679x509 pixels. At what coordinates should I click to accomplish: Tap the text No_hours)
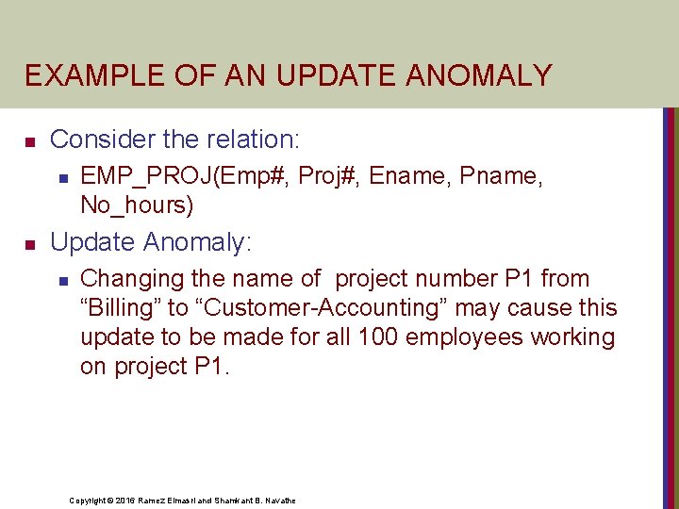(137, 205)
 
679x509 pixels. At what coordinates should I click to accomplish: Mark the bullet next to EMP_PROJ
(62, 177)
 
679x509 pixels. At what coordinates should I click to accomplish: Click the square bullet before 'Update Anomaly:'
(29, 245)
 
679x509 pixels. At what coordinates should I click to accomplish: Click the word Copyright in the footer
(89, 501)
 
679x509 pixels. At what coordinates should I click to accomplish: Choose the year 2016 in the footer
(126, 501)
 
